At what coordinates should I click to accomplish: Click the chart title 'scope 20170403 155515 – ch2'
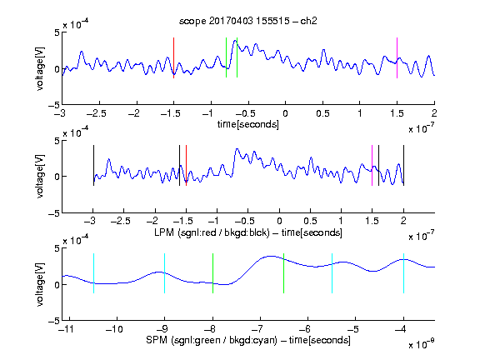coord(248,21)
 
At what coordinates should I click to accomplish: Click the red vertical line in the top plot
coord(173,57)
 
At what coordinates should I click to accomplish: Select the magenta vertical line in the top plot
coord(397,57)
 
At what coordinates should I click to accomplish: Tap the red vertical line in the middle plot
coord(186,165)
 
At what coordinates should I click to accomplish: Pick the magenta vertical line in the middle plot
coord(372,165)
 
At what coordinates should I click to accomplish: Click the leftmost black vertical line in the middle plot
coord(93,165)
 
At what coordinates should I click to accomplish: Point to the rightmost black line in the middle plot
coord(403,165)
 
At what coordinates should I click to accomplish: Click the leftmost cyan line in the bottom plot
coord(93,273)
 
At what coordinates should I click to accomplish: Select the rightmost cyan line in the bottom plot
coord(403,273)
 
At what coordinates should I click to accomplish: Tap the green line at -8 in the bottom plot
coord(212,273)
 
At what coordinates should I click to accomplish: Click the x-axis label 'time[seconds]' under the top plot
coord(248,124)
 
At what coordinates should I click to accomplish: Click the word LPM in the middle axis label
coord(164,232)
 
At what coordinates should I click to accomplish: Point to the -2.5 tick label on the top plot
coord(97,113)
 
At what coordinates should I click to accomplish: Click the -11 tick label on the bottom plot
coord(66,329)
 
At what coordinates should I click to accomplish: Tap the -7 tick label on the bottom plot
coord(258,329)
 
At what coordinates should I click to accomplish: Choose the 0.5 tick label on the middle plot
coord(310,221)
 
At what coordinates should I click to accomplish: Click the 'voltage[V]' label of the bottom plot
coord(40,284)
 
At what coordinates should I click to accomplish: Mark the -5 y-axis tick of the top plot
coord(54,105)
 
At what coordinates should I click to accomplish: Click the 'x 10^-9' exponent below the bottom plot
coord(421,343)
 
